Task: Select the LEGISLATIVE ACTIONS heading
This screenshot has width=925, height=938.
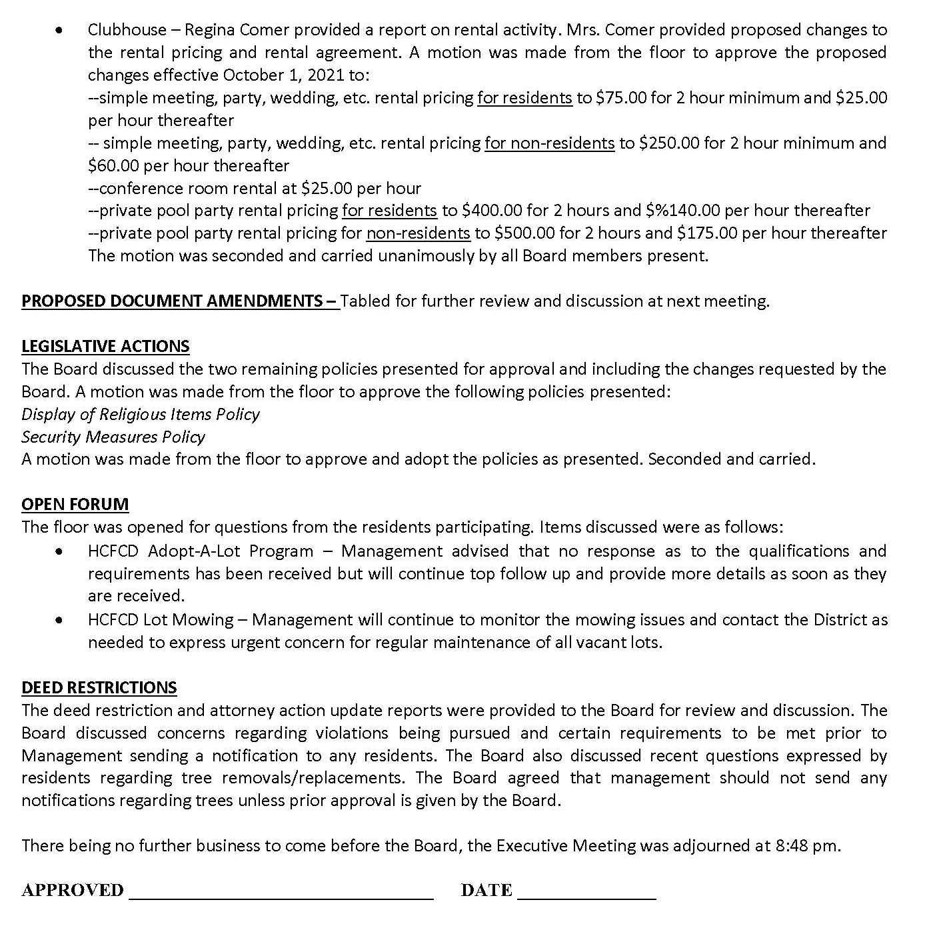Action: click(x=105, y=347)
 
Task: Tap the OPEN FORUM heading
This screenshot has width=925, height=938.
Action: click(x=75, y=505)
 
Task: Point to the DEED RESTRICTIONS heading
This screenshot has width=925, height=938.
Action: click(x=99, y=688)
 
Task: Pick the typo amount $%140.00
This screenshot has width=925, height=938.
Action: click(x=683, y=211)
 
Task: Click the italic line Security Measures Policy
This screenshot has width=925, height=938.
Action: click(x=113, y=437)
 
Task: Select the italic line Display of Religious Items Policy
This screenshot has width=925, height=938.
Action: click(x=141, y=415)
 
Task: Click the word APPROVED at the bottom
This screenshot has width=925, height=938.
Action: click(x=73, y=891)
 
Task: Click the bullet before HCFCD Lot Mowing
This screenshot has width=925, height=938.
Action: click(x=61, y=620)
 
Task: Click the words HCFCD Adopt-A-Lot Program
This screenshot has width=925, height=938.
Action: click(x=200, y=551)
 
